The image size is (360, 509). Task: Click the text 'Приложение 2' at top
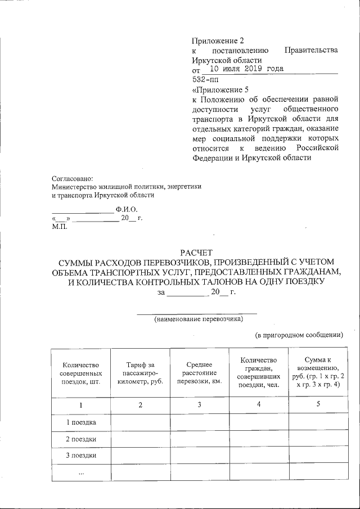click(x=218, y=40)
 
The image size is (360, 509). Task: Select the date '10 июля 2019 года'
click(x=243, y=69)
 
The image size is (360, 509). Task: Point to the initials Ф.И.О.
click(x=127, y=209)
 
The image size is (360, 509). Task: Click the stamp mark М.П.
click(x=59, y=226)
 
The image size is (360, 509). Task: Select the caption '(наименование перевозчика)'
click(x=199, y=319)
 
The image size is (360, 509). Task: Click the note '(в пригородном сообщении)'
click(x=299, y=335)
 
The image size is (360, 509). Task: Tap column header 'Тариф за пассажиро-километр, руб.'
click(x=141, y=372)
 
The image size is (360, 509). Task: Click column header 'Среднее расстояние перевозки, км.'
click(x=200, y=372)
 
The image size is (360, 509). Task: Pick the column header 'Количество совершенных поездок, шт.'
click(x=81, y=372)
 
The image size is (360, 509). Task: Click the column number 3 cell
click(x=199, y=405)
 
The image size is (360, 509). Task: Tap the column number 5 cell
click(x=318, y=405)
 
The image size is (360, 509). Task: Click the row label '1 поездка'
click(x=81, y=422)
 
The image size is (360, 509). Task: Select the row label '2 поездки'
click(x=81, y=439)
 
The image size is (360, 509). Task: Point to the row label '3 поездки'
click(x=81, y=455)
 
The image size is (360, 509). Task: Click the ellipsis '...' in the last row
click(x=81, y=473)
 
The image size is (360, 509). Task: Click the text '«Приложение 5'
click(x=220, y=89)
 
